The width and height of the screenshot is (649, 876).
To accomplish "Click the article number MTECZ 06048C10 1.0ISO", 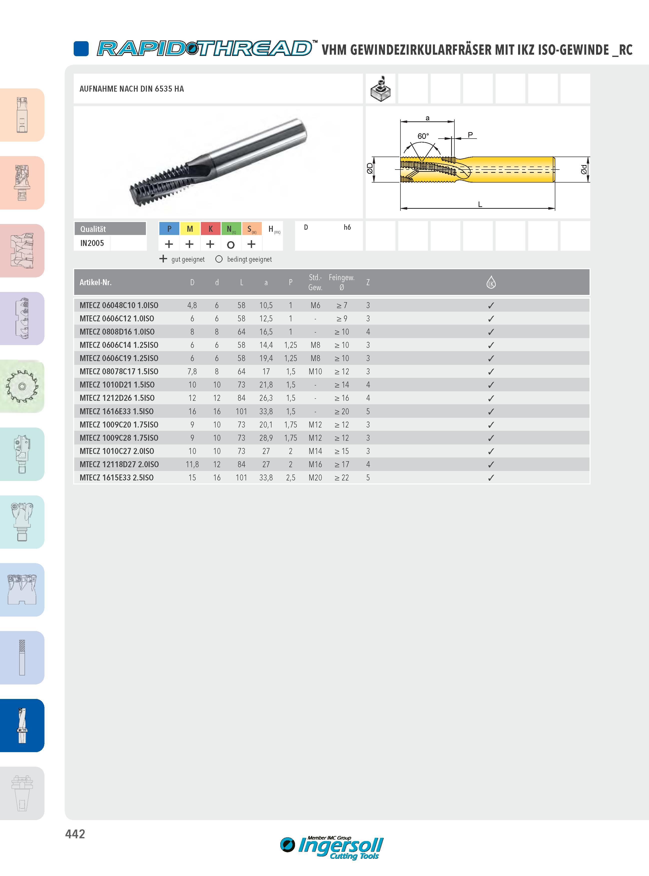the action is coord(119,305).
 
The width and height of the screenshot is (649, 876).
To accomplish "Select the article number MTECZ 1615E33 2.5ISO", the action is coord(116,477).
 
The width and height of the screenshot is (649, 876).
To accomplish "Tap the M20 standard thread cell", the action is coord(315,477).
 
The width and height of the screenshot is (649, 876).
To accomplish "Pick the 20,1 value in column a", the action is coord(266,425).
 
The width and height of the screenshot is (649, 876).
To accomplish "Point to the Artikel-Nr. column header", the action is coord(95,282).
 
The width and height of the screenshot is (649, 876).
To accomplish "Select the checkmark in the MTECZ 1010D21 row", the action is coord(491,385).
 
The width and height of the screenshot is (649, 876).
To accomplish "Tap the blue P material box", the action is coord(169,228).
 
